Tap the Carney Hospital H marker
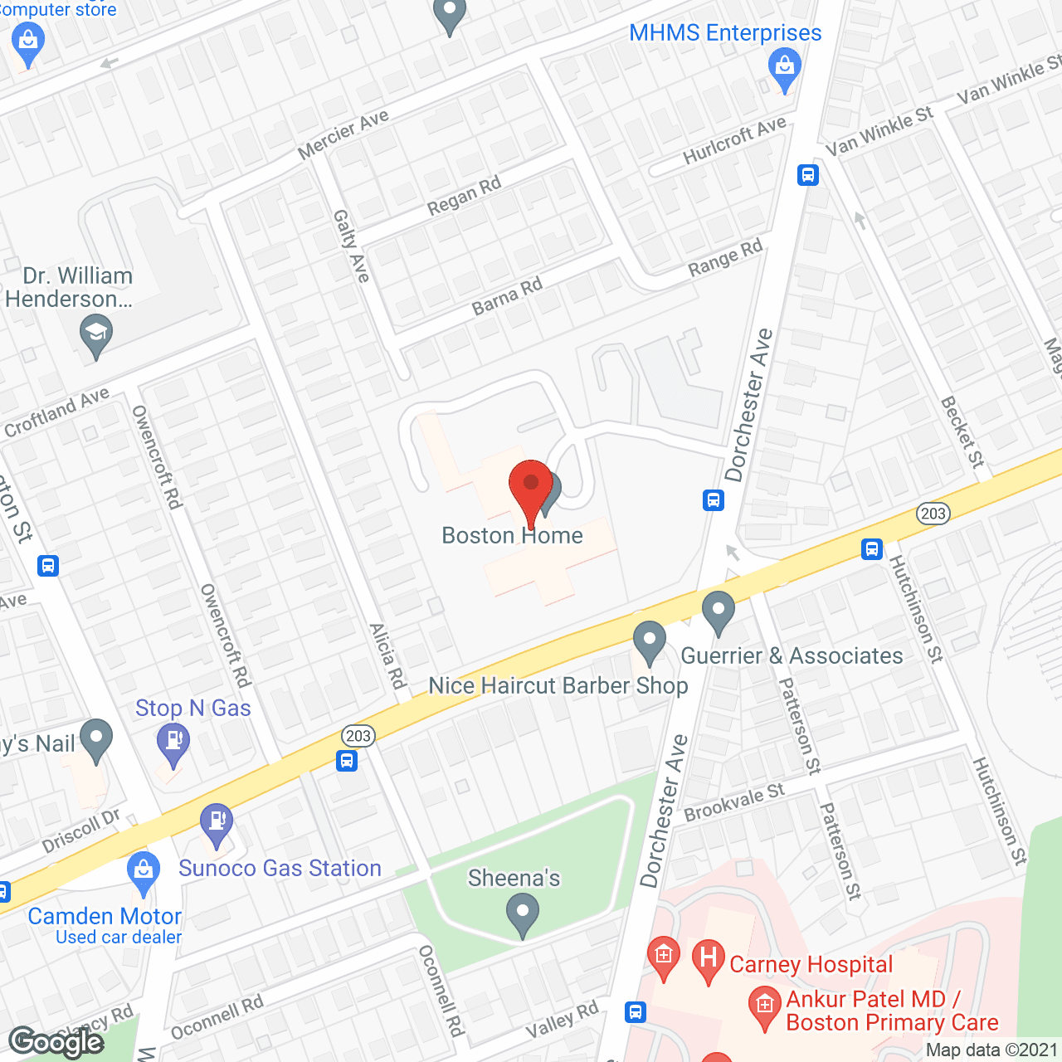pyautogui.click(x=709, y=959)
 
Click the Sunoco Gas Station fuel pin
pyautogui.click(x=217, y=824)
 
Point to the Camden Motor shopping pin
pyautogui.click(x=144, y=871)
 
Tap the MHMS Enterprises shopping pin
pyautogui.click(x=784, y=67)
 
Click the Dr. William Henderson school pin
pyautogui.click(x=96, y=335)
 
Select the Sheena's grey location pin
pyautogui.click(x=522, y=916)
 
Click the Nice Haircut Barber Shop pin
pyautogui.click(x=650, y=642)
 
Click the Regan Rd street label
pyautogui.click(x=465, y=196)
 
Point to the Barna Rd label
pyautogui.click(x=507, y=296)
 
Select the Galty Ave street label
pyautogui.click(x=351, y=246)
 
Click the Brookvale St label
pyautogui.click(x=734, y=802)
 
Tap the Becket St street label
pyautogui.click(x=962, y=431)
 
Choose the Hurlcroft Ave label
pyautogui.click(x=734, y=140)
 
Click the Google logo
pyautogui.click(x=56, y=1042)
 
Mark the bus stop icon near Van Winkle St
pyautogui.click(x=808, y=175)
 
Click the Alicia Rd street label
pyautogui.click(x=387, y=655)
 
